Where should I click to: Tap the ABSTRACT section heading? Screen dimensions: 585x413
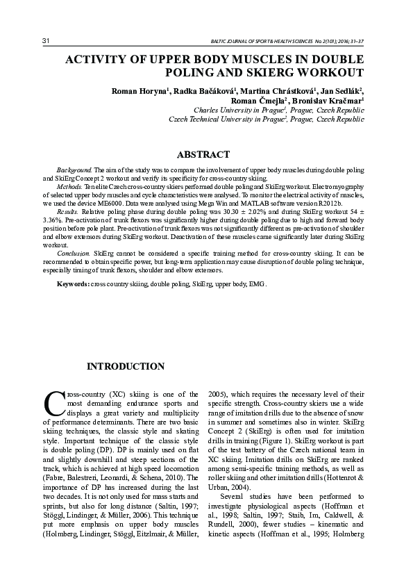point(203,154)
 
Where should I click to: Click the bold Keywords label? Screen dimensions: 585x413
point(72,285)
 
